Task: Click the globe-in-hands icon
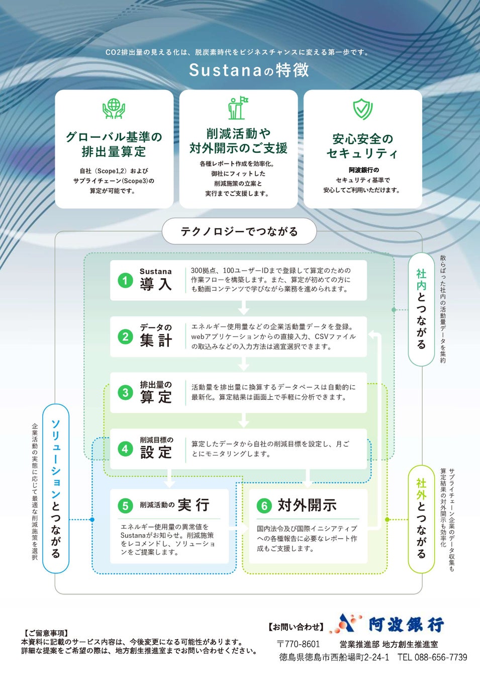[114, 108]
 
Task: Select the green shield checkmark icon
[362, 109]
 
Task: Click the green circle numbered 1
[125, 280]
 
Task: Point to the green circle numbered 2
[125, 336]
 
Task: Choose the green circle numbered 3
[125, 392]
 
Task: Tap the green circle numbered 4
[125, 449]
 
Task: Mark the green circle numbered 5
[125, 505]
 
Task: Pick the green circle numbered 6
[264, 505]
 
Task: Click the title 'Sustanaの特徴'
[249, 70]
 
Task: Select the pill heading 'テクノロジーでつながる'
[239, 231]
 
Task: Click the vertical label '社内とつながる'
[421, 309]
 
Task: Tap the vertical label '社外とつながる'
[421, 519]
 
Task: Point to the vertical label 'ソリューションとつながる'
[56, 488]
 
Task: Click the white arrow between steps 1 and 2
[244, 307]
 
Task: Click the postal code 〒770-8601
[298, 644]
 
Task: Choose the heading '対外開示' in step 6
[307, 505]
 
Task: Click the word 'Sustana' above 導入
[155, 272]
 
